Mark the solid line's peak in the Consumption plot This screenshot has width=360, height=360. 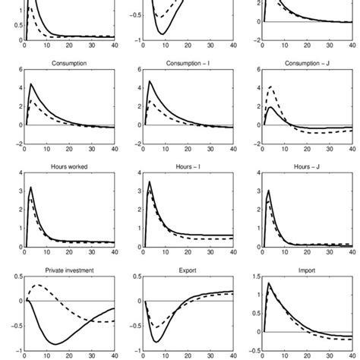31,84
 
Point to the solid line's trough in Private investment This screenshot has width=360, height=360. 58,344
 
